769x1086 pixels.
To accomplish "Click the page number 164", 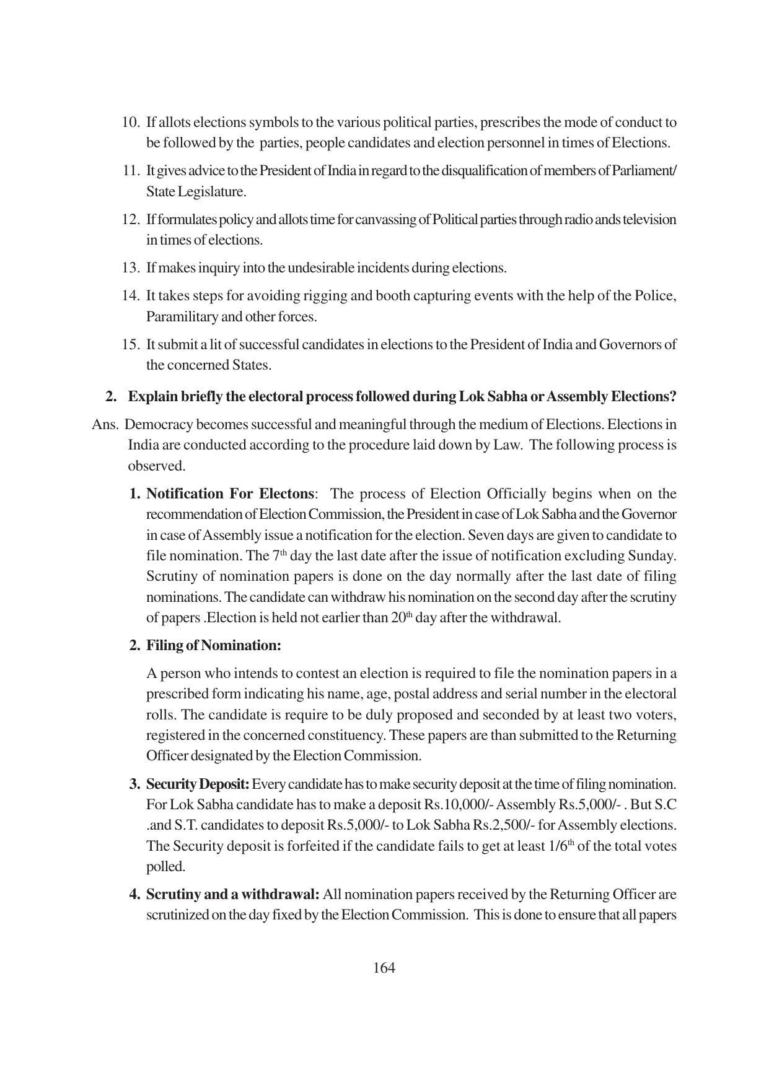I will click(x=384, y=968).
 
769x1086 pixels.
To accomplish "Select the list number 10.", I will click(x=130, y=122).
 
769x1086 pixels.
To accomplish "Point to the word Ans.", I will click(x=105, y=425).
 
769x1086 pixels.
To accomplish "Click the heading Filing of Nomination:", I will click(x=214, y=645).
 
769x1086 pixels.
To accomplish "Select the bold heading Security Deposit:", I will click(x=198, y=784).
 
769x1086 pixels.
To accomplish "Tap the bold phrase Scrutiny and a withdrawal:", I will click(x=233, y=894).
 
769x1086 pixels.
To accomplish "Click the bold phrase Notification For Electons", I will click(x=230, y=493).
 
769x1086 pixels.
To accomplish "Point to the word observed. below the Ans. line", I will click(x=157, y=466).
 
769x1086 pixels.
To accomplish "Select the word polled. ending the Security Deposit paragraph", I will click(x=165, y=867).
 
